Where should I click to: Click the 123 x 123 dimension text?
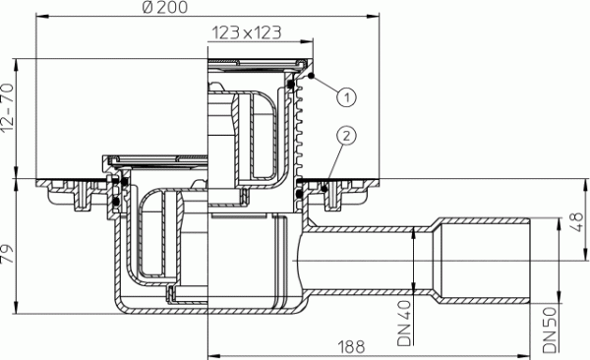[244, 31]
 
